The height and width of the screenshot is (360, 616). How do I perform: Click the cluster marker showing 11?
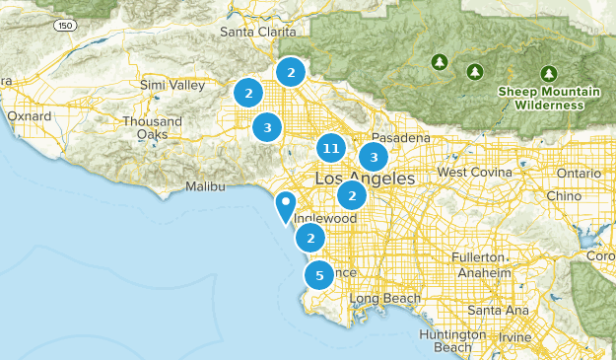pos(331,149)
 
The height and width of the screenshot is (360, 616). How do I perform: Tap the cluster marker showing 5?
pos(317,275)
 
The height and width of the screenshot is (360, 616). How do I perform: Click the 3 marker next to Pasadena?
pos(374,157)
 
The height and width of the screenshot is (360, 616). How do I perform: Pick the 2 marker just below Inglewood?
pos(311,238)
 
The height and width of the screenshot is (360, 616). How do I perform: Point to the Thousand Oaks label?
pos(153,127)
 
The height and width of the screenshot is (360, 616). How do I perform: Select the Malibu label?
pos(206,186)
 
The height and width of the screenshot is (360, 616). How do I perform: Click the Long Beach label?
pos(383,298)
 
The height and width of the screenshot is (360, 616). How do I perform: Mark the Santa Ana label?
pos(497,310)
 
